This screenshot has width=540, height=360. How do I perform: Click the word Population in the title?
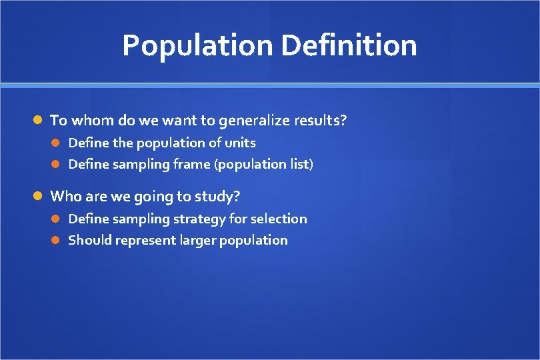point(197,46)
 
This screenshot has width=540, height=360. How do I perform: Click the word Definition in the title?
point(349,46)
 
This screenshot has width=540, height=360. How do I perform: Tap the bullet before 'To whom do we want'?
point(39,121)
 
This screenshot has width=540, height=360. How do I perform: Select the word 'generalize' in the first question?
point(253,121)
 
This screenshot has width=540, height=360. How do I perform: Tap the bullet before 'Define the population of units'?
point(57,143)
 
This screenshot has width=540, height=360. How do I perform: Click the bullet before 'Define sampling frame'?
point(57,164)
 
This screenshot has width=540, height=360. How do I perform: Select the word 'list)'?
point(300,164)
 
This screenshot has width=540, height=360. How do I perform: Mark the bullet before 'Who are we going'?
point(39,197)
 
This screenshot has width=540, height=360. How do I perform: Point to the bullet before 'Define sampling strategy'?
point(57,219)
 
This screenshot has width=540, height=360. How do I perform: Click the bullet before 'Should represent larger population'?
point(57,240)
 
